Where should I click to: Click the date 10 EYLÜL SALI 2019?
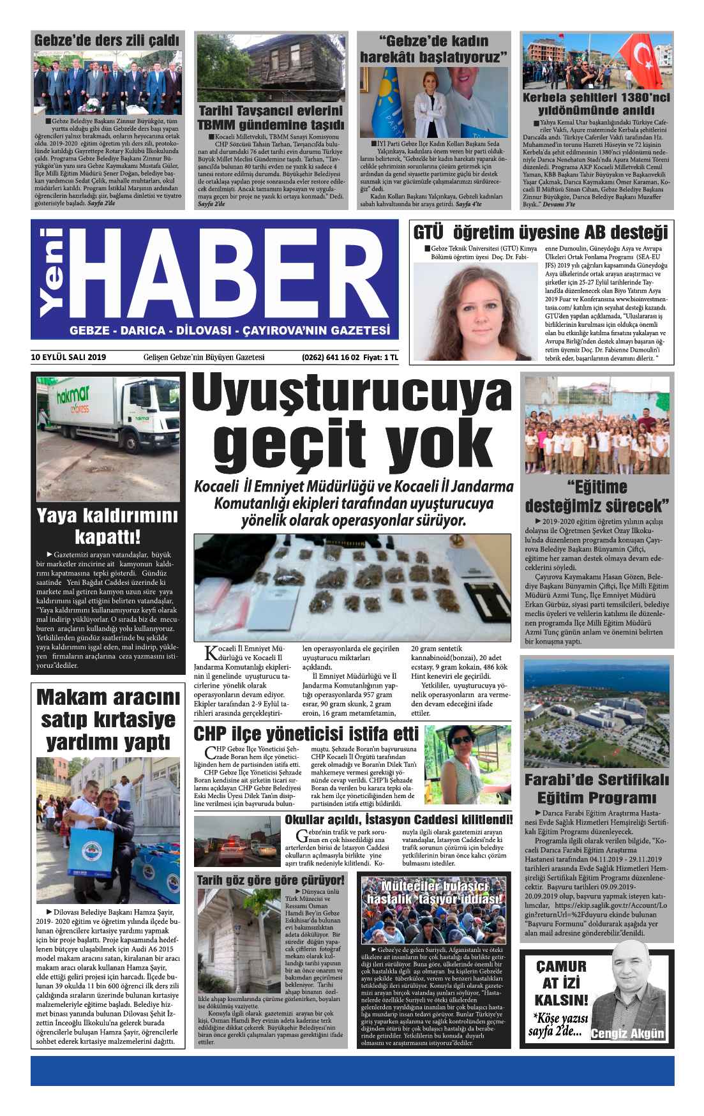pos(69,358)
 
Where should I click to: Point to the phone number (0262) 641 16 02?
pos(331,358)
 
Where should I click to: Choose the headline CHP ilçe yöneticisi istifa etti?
pos(306,733)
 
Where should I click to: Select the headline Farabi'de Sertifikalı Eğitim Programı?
pos(596,789)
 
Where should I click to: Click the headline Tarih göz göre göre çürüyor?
pos(271,880)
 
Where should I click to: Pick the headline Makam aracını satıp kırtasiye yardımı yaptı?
pos(107,719)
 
